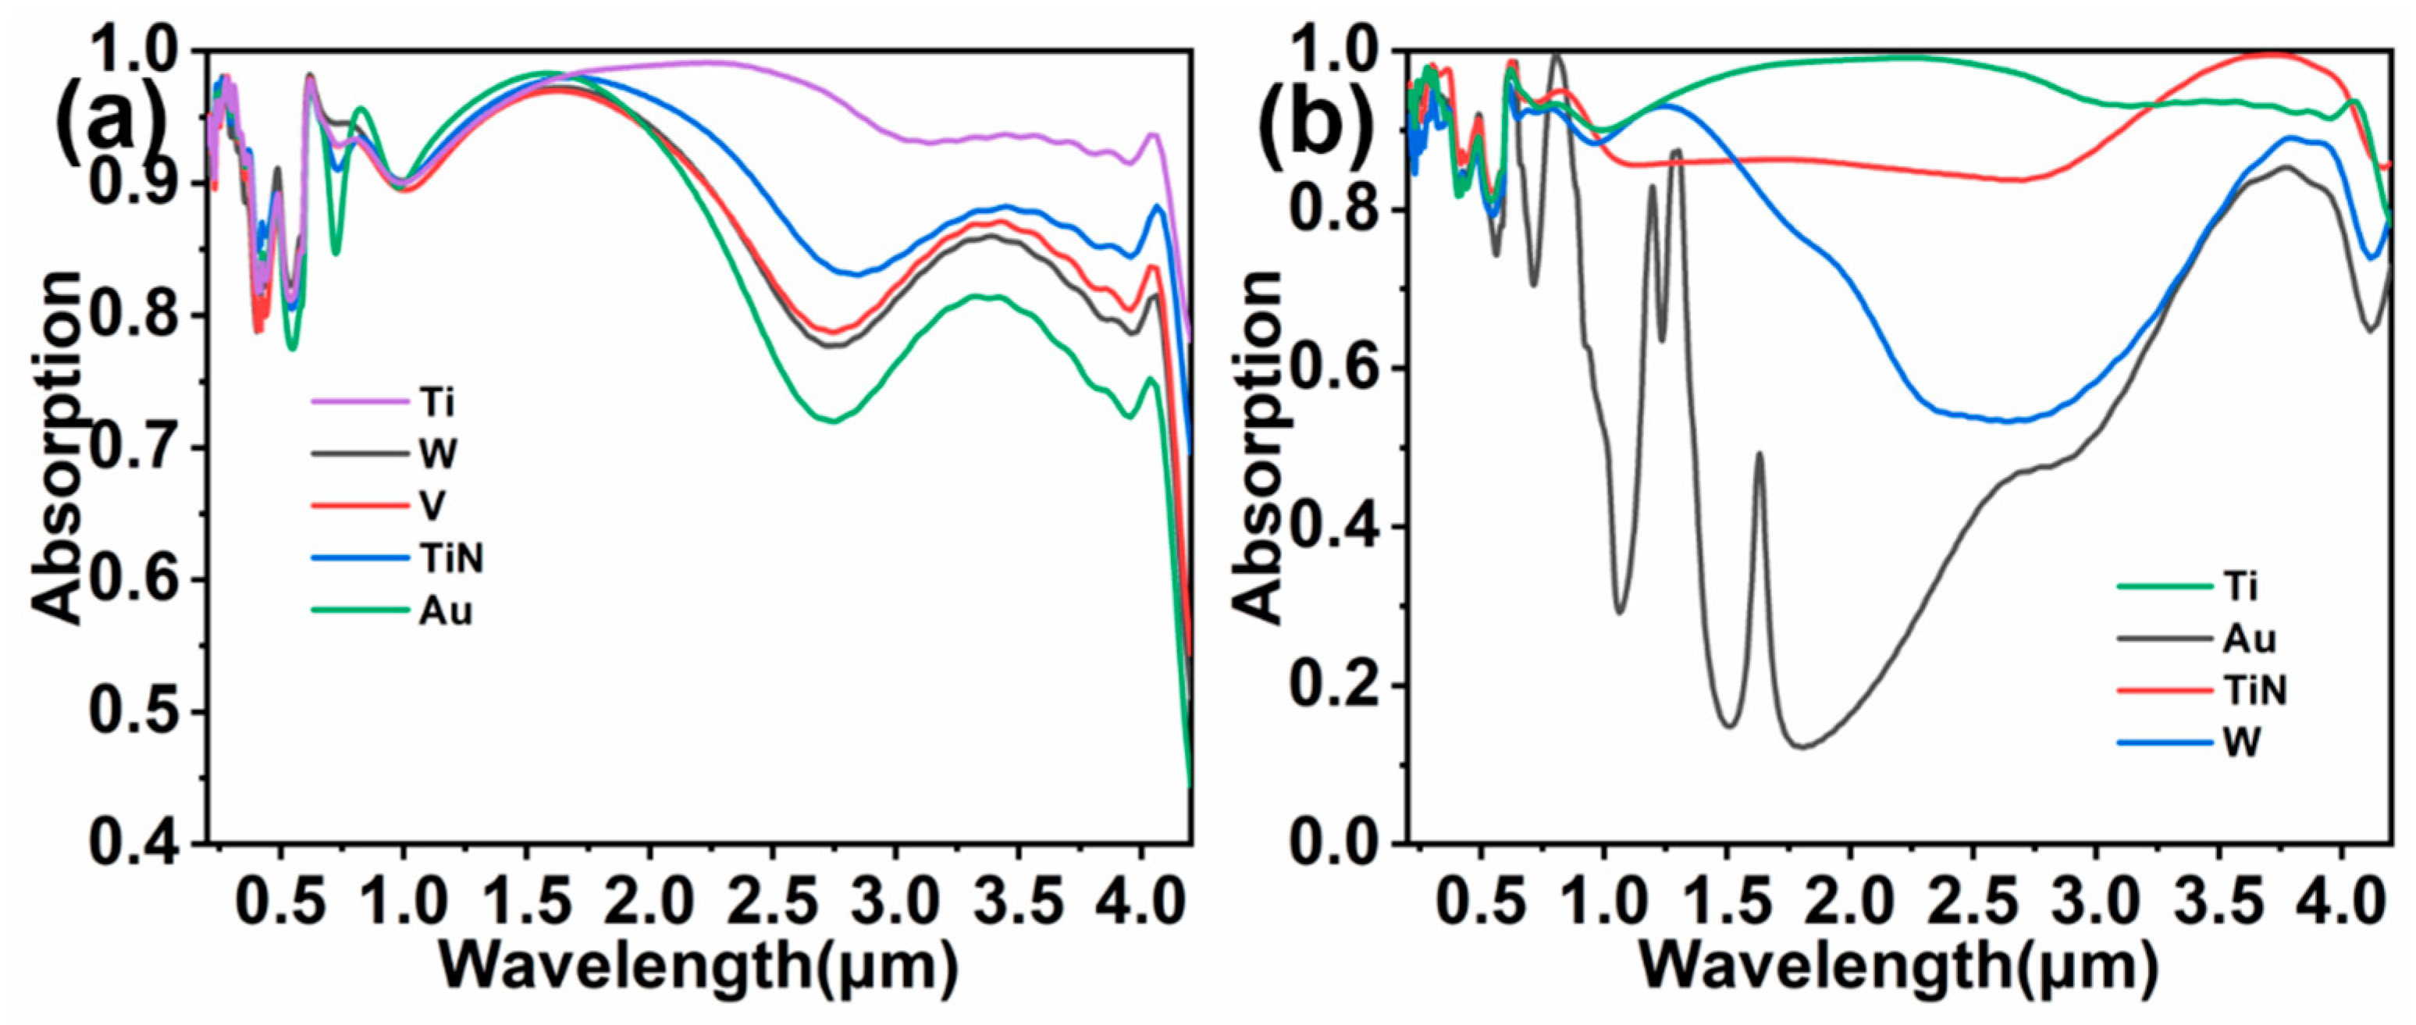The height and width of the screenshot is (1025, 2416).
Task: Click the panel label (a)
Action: (x=111, y=131)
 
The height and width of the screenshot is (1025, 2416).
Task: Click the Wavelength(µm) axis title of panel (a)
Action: (x=699, y=966)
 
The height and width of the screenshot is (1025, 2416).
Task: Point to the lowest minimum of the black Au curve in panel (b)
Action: (x=1802, y=747)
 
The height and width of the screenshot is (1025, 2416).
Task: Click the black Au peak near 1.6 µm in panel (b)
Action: (x=1760, y=454)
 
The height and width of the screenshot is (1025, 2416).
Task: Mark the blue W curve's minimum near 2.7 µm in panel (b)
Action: (x=2007, y=421)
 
